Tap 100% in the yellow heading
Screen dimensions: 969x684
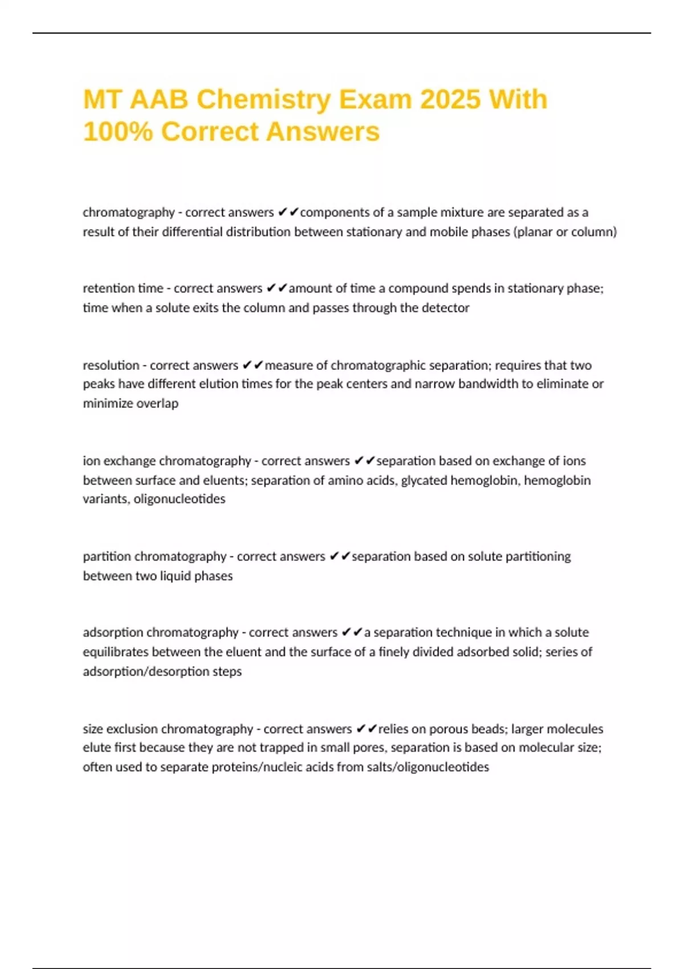tap(117, 132)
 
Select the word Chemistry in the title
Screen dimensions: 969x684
tap(264, 100)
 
